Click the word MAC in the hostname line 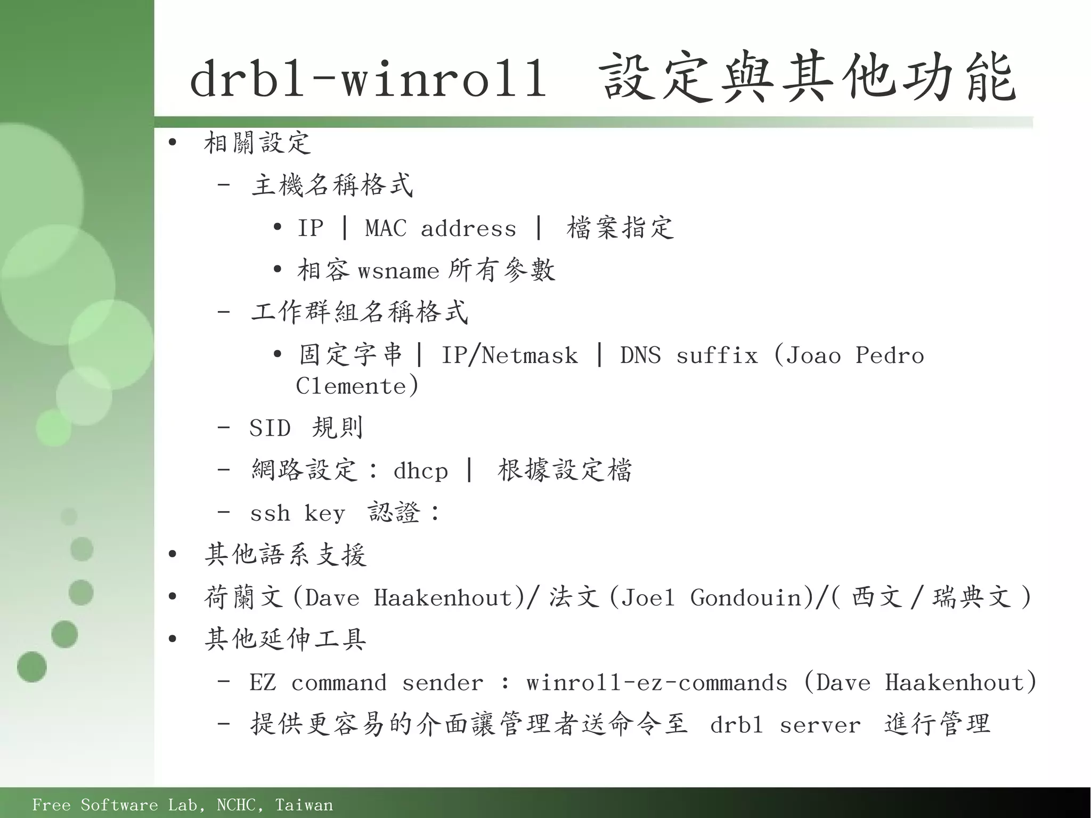(385, 229)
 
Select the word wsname (398, 271)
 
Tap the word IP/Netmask (509, 355)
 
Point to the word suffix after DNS (717, 355)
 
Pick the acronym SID (270, 428)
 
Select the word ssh (270, 513)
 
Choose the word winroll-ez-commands (656, 683)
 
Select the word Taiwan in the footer (304, 805)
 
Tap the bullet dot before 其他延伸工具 (172, 639)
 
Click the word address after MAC (468, 229)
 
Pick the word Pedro (890, 355)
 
